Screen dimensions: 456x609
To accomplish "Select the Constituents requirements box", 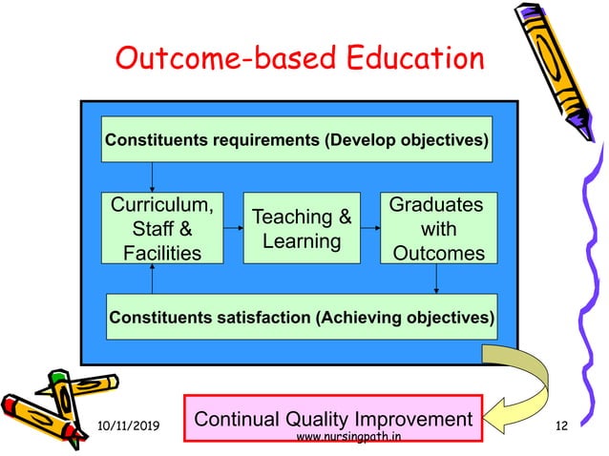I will tap(297, 140).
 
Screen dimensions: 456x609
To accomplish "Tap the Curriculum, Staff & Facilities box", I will tap(162, 229).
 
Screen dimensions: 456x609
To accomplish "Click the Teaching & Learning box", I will tap(302, 229).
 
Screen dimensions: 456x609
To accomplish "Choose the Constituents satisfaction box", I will tap(301, 317).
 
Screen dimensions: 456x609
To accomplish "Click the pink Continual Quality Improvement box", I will tap(333, 419).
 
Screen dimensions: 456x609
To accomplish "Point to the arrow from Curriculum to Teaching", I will tap(233, 229).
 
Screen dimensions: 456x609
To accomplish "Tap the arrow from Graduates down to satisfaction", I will tap(437, 279).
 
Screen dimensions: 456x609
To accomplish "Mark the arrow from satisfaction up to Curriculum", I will tap(152, 279).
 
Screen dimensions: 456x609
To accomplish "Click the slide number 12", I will tap(560, 423).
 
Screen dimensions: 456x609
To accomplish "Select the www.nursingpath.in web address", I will tap(348, 438).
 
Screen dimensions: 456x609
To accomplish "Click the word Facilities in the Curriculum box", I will tap(162, 253).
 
